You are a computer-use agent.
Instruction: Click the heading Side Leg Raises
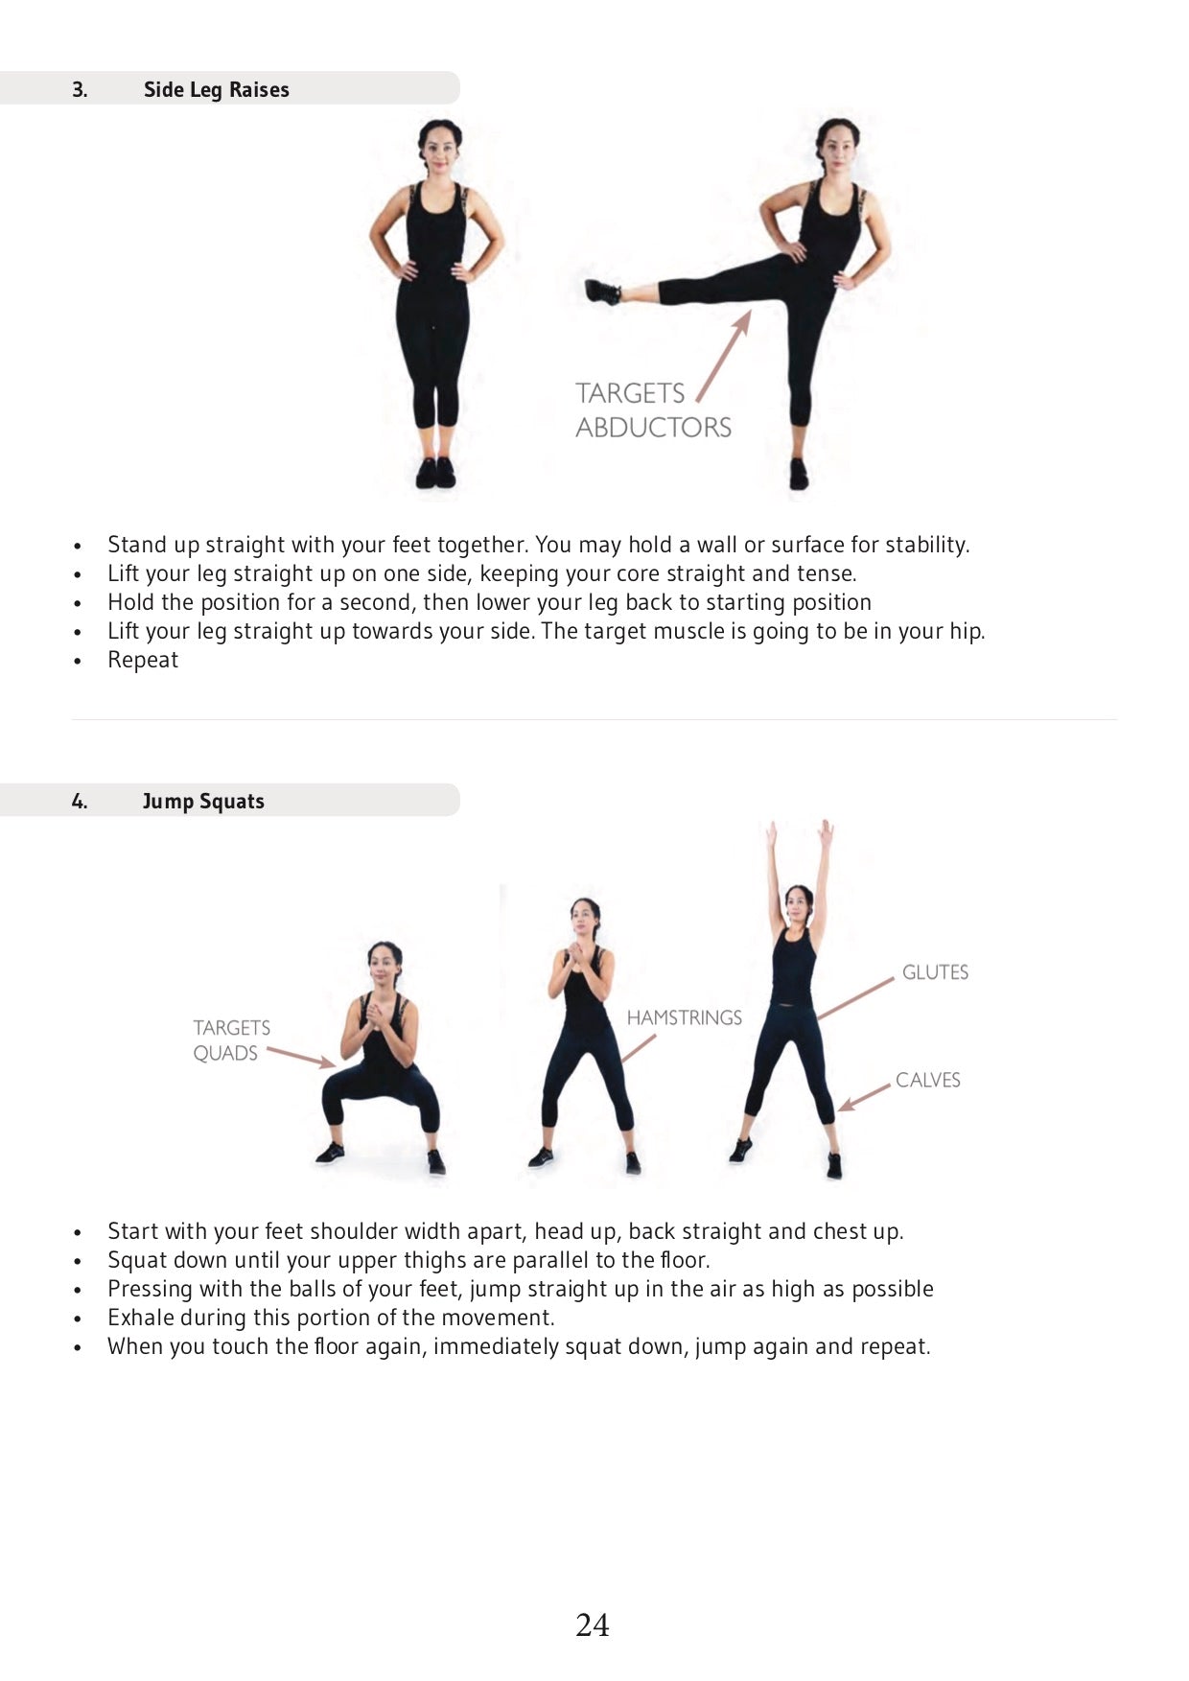(x=216, y=89)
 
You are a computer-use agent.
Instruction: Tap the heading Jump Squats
(x=202, y=801)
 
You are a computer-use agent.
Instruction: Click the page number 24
(x=593, y=1624)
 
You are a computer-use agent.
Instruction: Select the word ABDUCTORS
(x=653, y=427)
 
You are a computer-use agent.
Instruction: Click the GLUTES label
(x=935, y=972)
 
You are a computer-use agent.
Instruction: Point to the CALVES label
(x=927, y=1080)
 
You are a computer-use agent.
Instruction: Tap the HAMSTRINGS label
(x=684, y=1017)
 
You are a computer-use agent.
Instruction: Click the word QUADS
(x=225, y=1053)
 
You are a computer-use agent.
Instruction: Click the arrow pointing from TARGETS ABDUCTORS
(x=723, y=356)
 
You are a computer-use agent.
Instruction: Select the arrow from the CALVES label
(x=865, y=1097)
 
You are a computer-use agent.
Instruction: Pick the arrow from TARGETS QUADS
(x=301, y=1057)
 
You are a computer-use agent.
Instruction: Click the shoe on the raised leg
(x=602, y=291)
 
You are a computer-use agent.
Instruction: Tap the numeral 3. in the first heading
(x=80, y=89)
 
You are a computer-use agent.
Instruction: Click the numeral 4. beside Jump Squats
(x=80, y=801)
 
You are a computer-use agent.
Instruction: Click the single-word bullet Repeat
(x=143, y=660)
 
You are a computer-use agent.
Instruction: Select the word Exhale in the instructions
(x=141, y=1318)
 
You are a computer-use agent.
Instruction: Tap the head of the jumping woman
(x=798, y=901)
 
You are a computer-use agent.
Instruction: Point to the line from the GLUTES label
(x=855, y=998)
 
